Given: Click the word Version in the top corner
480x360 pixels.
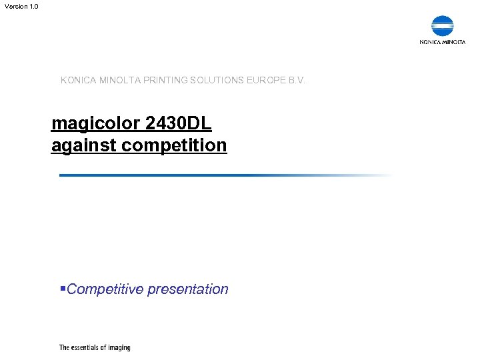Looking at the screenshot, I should pyautogui.click(x=15, y=6).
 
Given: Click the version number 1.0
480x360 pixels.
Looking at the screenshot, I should pyautogui.click(x=34, y=6).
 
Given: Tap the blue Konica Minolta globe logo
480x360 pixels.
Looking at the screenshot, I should pyautogui.click(x=442, y=26).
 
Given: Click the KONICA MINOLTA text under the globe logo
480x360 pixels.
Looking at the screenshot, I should pyautogui.click(x=442, y=42).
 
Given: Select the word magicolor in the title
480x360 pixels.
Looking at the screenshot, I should pyautogui.click(x=95, y=123).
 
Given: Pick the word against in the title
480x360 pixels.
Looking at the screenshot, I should pyautogui.click(x=83, y=145).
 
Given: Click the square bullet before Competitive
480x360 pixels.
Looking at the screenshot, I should pyautogui.click(x=63, y=289).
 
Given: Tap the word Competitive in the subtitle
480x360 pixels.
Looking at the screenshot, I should pyautogui.click(x=105, y=289).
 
